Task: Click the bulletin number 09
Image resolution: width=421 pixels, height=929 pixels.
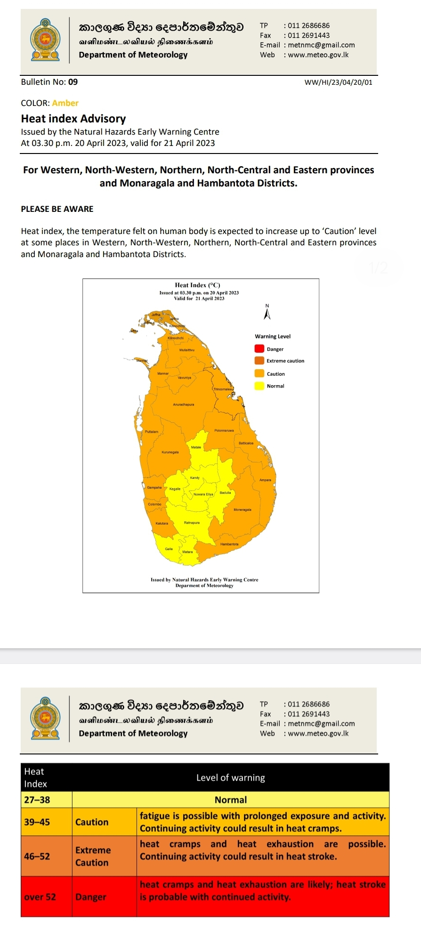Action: pyautogui.click(x=73, y=82)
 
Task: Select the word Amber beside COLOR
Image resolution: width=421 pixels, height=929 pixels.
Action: pyautogui.click(x=65, y=103)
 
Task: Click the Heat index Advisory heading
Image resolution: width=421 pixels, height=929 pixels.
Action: pyautogui.click(x=73, y=119)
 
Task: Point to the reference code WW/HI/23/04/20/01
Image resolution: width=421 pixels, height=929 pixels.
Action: pyautogui.click(x=338, y=82)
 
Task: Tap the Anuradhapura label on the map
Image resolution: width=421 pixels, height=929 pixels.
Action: pyautogui.click(x=183, y=404)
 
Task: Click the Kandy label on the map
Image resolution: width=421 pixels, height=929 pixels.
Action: pyautogui.click(x=195, y=478)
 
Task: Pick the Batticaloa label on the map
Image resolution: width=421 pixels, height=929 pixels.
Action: pyautogui.click(x=246, y=443)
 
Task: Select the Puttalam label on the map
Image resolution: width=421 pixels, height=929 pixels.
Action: pyautogui.click(x=152, y=432)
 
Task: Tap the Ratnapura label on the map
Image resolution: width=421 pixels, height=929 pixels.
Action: pyautogui.click(x=192, y=523)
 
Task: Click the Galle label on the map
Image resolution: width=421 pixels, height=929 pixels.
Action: pyautogui.click(x=169, y=549)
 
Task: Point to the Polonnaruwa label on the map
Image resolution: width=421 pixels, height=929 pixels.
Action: pyautogui.click(x=224, y=431)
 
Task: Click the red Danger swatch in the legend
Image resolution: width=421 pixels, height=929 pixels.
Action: pyautogui.click(x=259, y=349)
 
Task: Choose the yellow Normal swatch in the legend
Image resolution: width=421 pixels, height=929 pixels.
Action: pyautogui.click(x=259, y=386)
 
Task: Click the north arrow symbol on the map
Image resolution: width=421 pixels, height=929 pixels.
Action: pyautogui.click(x=267, y=313)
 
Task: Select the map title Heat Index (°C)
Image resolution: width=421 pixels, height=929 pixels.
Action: pyautogui.click(x=197, y=285)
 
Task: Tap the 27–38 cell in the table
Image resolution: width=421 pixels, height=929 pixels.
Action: pyautogui.click(x=37, y=800)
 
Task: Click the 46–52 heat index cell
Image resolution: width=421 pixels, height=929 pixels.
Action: pyautogui.click(x=37, y=856)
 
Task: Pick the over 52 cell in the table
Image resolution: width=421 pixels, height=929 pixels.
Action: pyautogui.click(x=40, y=897)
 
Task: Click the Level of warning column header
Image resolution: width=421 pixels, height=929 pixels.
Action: pyautogui.click(x=230, y=778)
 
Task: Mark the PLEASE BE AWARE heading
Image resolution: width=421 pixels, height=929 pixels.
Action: pyautogui.click(x=57, y=209)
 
